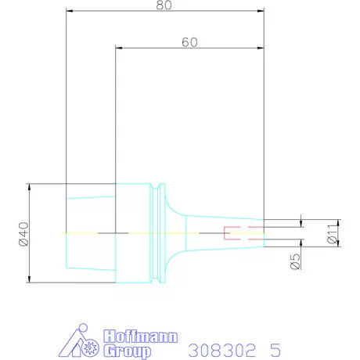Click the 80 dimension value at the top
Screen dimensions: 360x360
click(x=163, y=5)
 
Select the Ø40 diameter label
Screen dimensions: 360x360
click(x=23, y=234)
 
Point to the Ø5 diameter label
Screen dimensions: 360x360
click(x=295, y=259)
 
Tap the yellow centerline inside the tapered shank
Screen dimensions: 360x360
click(x=82, y=233)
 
